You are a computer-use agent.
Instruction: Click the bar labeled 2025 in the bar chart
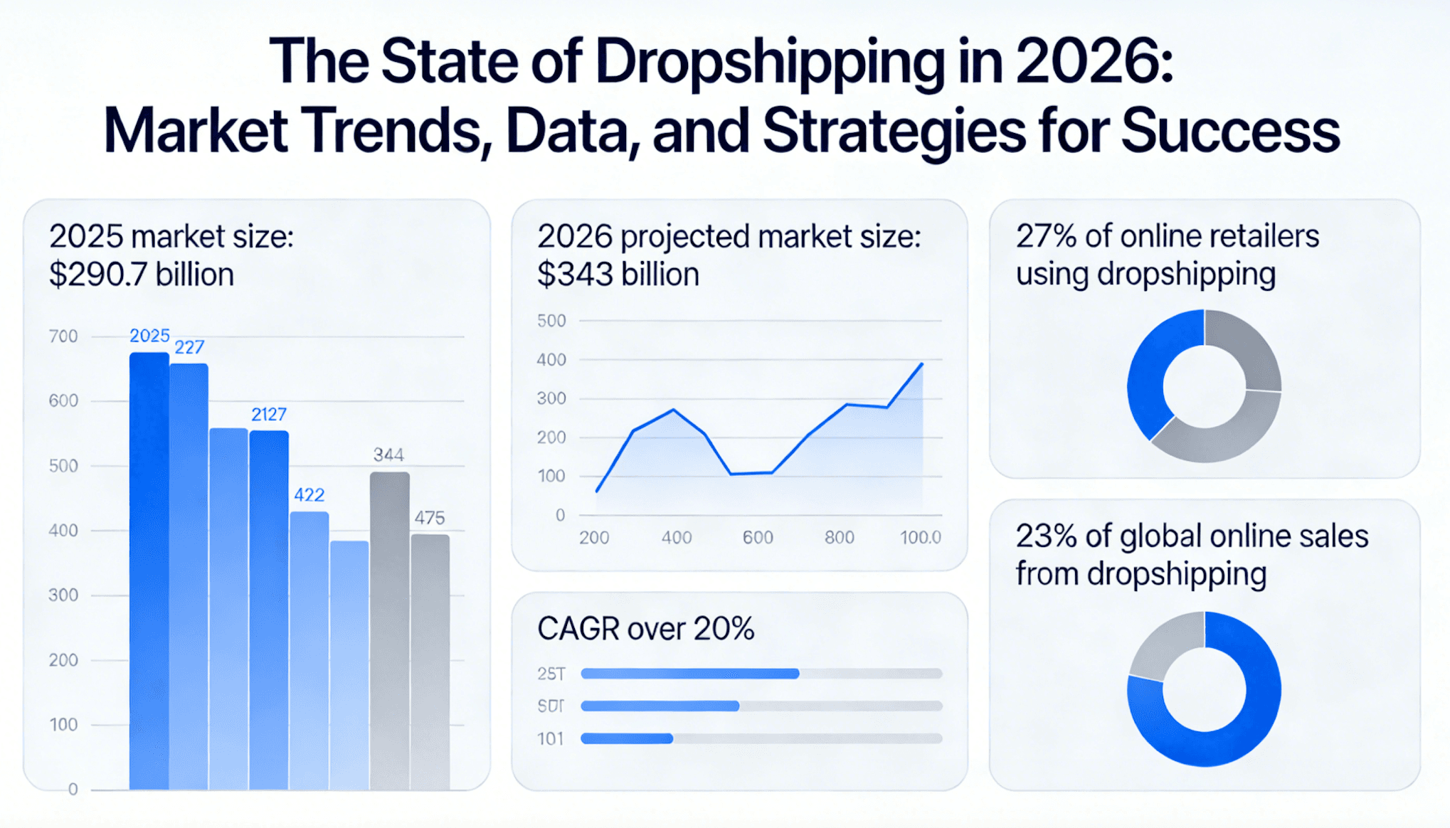[149, 569]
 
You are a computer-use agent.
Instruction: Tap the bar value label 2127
[268, 414]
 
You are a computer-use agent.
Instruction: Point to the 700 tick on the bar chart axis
[63, 336]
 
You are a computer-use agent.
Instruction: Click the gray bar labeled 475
[430, 662]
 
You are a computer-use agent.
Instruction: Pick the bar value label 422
[309, 495]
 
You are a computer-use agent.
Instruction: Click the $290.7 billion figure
[141, 275]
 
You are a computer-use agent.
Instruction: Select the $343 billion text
[618, 275]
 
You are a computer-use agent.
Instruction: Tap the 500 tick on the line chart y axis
[551, 321]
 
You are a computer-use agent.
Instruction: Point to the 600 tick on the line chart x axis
[757, 538]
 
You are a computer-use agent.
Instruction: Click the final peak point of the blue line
[922, 363]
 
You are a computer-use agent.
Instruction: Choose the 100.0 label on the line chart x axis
[920, 538]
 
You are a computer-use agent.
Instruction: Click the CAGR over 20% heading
[645, 629]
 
